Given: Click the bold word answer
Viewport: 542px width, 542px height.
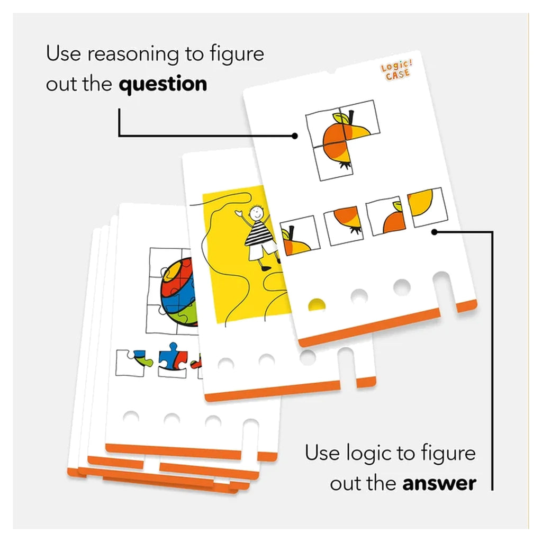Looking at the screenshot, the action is click(x=439, y=483).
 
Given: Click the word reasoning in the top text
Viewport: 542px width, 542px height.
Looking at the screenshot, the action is click(x=133, y=55).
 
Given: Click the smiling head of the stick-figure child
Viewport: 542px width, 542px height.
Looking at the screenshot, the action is click(x=257, y=212).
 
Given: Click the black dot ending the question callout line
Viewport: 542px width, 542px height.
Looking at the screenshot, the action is click(x=294, y=136).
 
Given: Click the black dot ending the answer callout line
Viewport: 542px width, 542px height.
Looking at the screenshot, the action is click(x=435, y=232).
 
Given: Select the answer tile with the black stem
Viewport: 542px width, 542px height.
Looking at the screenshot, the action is click(x=300, y=236).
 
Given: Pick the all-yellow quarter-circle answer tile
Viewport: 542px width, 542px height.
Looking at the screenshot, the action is click(x=428, y=207).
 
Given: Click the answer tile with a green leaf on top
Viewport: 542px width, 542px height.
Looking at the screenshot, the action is click(x=386, y=216).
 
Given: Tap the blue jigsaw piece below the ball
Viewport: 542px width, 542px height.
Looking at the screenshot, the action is click(x=173, y=360).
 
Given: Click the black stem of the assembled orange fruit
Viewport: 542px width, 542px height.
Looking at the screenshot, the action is click(x=351, y=117).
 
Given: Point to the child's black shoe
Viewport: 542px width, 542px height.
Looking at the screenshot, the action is click(x=266, y=268).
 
